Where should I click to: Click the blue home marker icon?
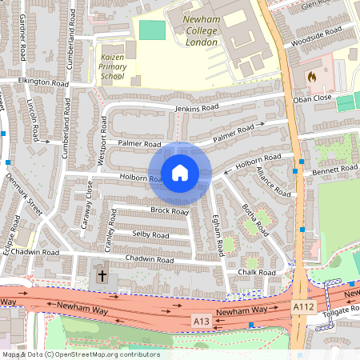(x=180, y=172)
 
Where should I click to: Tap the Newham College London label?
(x=191, y=32)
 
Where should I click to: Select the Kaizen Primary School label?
(x=113, y=67)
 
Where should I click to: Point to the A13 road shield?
(x=203, y=321)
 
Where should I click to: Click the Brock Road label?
(x=169, y=211)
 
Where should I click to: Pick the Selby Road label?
(x=150, y=235)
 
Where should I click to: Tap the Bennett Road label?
(x=336, y=170)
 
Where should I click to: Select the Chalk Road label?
(x=256, y=272)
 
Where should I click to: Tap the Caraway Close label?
(x=90, y=205)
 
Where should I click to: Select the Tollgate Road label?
(x=338, y=314)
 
